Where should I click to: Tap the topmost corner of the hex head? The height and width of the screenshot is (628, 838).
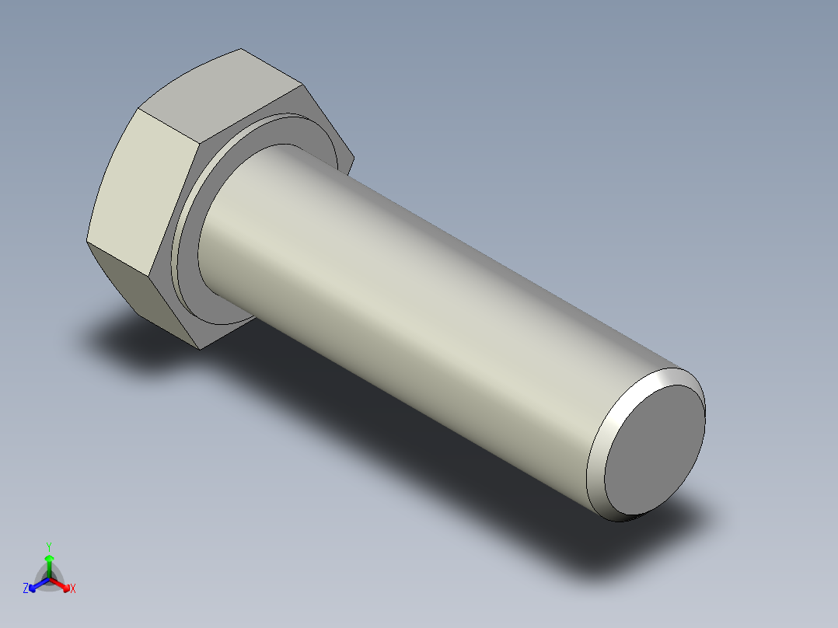point(239,49)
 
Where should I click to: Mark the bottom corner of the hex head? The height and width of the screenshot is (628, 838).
point(200,348)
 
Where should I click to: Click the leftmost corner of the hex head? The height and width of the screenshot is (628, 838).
point(86,242)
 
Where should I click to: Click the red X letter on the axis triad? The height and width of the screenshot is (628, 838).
point(73,589)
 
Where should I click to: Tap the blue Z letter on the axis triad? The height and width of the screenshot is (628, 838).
point(26,589)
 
